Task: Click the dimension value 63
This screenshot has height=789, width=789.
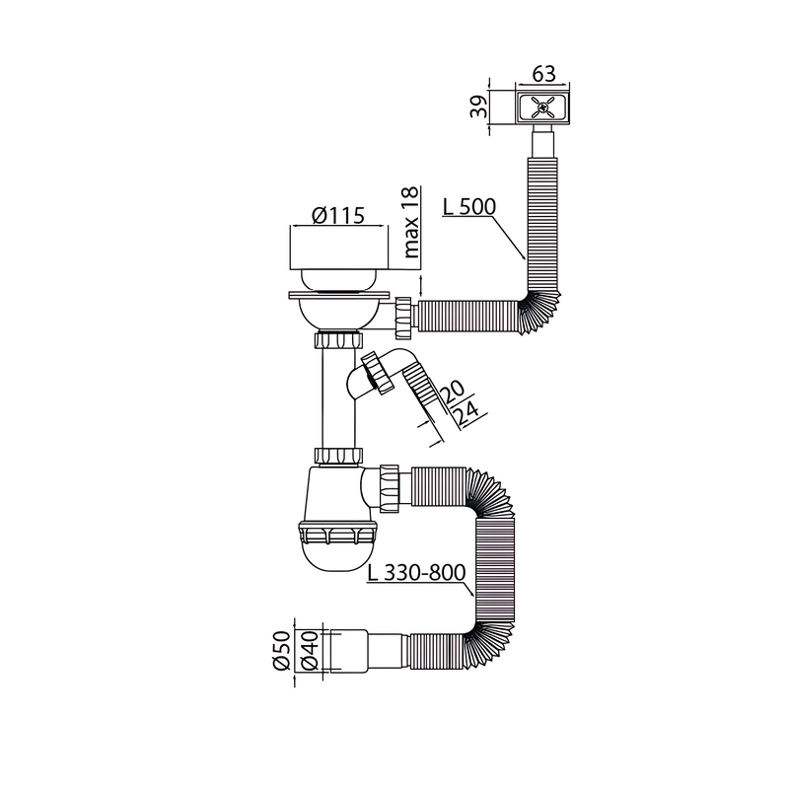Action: [x=543, y=74]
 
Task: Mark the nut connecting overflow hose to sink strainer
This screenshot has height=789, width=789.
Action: [x=405, y=316]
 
